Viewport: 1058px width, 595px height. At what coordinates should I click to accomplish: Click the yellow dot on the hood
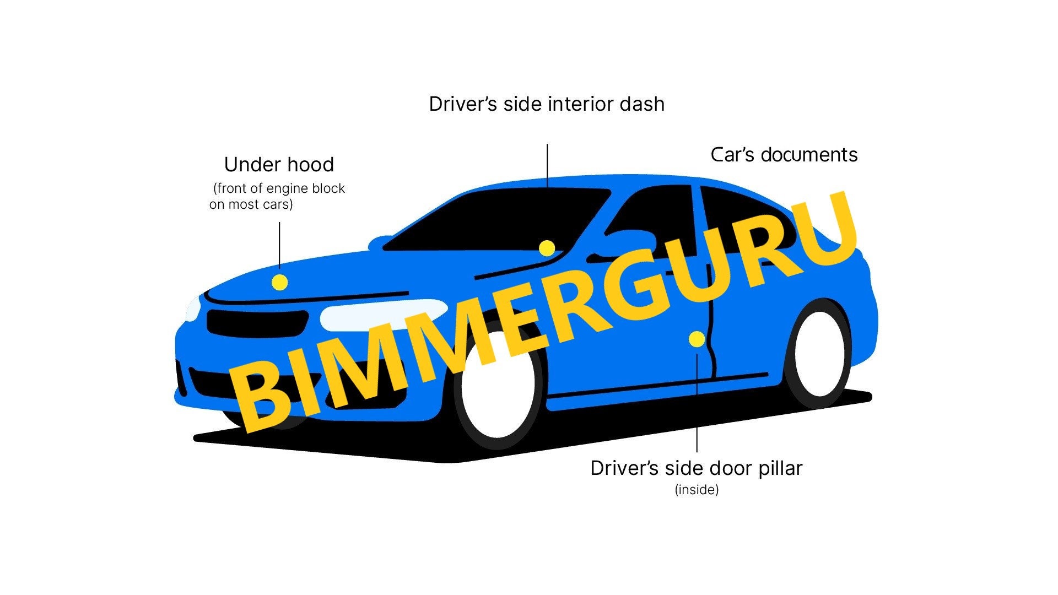pyautogui.click(x=280, y=283)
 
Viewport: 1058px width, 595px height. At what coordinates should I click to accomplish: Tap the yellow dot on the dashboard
pyautogui.click(x=547, y=248)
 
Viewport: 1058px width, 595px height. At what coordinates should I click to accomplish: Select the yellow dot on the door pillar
pyautogui.click(x=697, y=339)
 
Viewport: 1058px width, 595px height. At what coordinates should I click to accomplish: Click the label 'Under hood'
pyautogui.click(x=279, y=164)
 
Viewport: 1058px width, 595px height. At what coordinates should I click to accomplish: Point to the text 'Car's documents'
pyautogui.click(x=784, y=155)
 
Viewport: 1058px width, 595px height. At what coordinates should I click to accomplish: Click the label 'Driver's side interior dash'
pyautogui.click(x=547, y=104)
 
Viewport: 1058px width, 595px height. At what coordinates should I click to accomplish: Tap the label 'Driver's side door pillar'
pyautogui.click(x=696, y=468)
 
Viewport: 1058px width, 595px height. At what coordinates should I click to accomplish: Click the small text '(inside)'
pyautogui.click(x=697, y=490)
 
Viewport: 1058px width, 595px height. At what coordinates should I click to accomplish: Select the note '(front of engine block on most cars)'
pyautogui.click(x=278, y=196)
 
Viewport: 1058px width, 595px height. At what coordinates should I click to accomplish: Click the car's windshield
pyautogui.click(x=496, y=220)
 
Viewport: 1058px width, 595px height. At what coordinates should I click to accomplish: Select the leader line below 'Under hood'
pyautogui.click(x=279, y=245)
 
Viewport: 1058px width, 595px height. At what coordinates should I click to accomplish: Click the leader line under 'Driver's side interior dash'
pyautogui.click(x=547, y=165)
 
